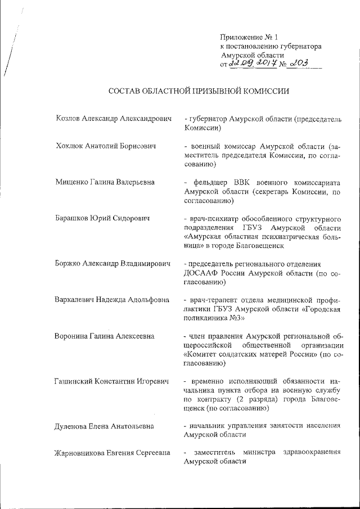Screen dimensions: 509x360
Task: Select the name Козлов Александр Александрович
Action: point(113,119)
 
